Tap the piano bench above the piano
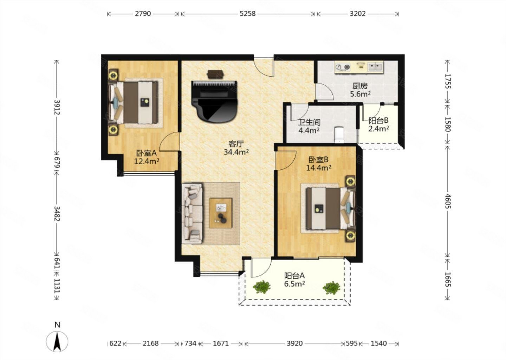[x=215, y=74]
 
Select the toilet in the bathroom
[x=339, y=135]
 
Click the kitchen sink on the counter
[x=375, y=67]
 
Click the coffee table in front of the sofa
[x=220, y=213]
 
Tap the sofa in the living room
[x=192, y=213]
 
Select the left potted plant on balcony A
[x=261, y=287]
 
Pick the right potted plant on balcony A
[x=331, y=288]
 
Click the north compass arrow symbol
[x=58, y=341]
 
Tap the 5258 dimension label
[x=248, y=14]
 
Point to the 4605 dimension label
[x=448, y=201]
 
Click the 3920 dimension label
[x=294, y=343]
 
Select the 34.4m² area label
[x=236, y=152]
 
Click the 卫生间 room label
[x=309, y=122]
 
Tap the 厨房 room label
[x=360, y=86]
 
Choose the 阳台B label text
[x=378, y=121]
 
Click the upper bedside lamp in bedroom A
[x=113, y=75]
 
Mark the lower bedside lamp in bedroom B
[x=350, y=236]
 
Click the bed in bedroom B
[x=330, y=208]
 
